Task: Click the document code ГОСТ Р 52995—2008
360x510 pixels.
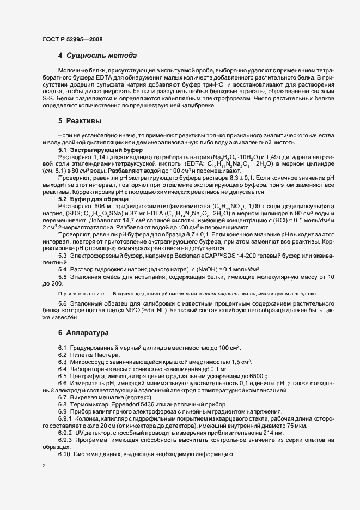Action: [x=72, y=39]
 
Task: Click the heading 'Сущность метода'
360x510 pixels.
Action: [x=101, y=56]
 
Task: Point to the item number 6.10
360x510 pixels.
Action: [x=65, y=454]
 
